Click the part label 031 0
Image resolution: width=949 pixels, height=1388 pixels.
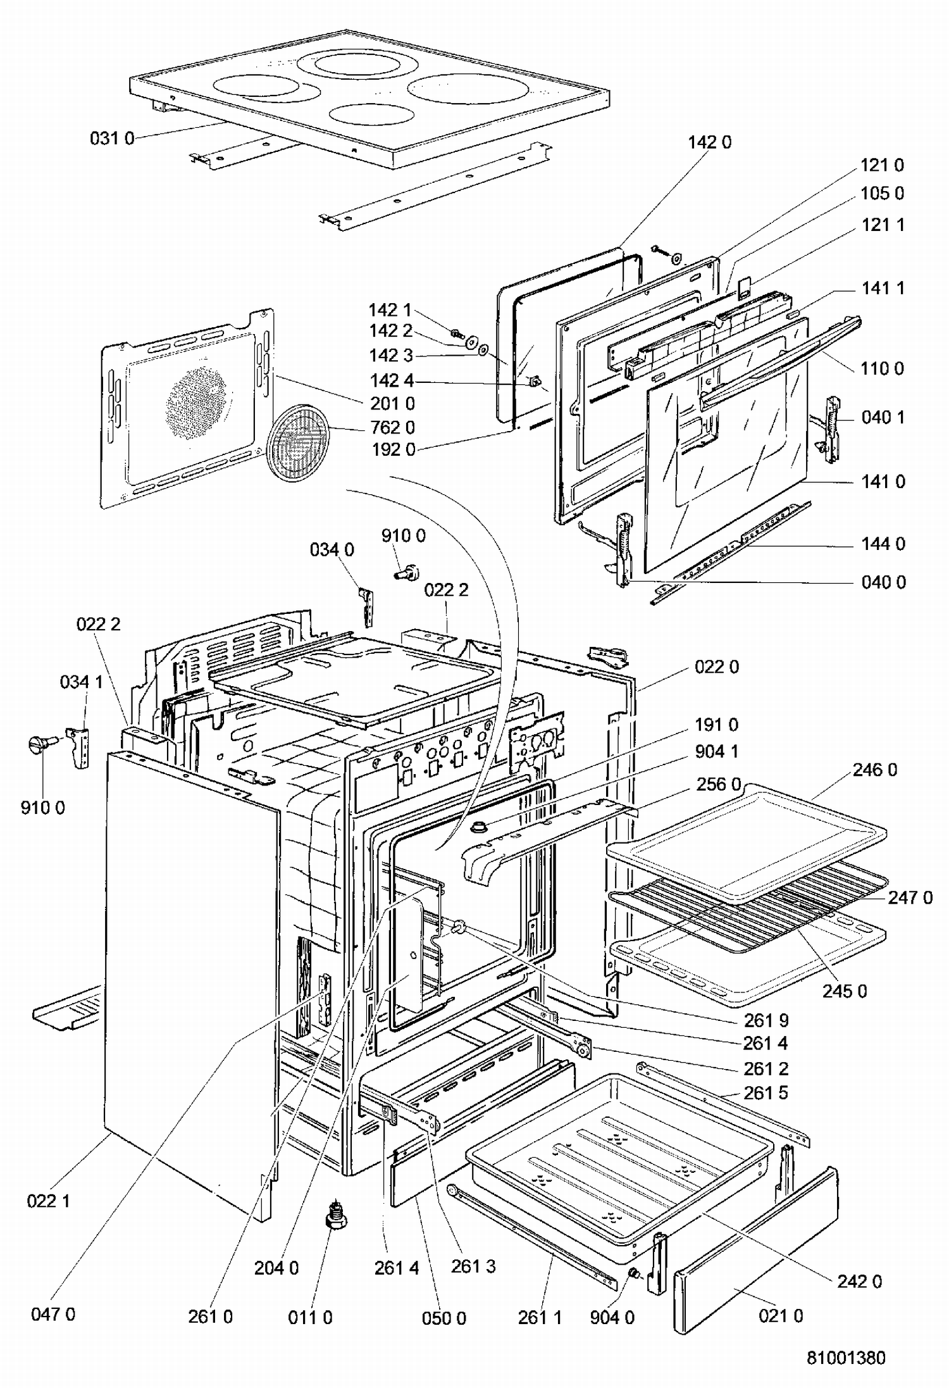112,138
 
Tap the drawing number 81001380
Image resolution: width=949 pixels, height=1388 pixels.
846,1358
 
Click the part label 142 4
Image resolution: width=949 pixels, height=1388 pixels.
392,380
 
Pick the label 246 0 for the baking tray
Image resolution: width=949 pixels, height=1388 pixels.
874,770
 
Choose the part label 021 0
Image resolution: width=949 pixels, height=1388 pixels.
781,1316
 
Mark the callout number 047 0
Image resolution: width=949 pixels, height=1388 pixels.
53,1314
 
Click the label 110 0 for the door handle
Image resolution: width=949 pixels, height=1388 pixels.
882,368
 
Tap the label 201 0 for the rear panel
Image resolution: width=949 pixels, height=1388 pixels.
392,403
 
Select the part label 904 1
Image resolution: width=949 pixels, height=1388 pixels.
716,751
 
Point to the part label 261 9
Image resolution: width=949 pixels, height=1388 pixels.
766,1020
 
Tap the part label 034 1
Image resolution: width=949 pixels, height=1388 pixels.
81,682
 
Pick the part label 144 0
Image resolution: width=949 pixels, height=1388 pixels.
883,544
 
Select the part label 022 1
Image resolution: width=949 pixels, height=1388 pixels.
48,1201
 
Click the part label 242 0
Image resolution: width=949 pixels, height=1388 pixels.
859,1281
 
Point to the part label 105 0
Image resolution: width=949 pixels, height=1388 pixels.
882,193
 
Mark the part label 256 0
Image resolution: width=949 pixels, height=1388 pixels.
718,784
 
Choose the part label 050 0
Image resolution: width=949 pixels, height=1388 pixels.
443,1318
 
